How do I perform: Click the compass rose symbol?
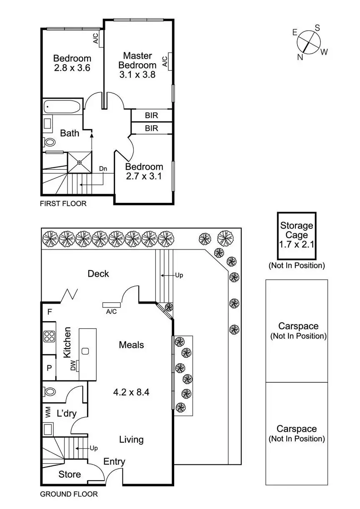coord(309,42)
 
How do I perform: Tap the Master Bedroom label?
coord(137,60)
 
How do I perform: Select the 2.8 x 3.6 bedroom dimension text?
coord(72,67)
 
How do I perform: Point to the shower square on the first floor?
coord(79,162)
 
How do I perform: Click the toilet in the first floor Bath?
coord(50,142)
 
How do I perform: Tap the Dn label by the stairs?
coord(103,169)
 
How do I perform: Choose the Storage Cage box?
coord(297,235)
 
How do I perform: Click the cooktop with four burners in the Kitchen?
coord(49,336)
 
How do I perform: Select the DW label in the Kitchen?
coord(73,365)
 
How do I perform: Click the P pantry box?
coord(49,368)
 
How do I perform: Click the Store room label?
coord(70,474)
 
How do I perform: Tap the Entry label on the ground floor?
coord(114,462)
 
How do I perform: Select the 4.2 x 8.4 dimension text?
coord(131,392)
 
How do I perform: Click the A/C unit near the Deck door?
coord(111,305)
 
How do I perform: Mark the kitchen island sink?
coord(85,351)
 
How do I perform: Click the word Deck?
coord(98,274)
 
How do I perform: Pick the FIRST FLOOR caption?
coord(63,204)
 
